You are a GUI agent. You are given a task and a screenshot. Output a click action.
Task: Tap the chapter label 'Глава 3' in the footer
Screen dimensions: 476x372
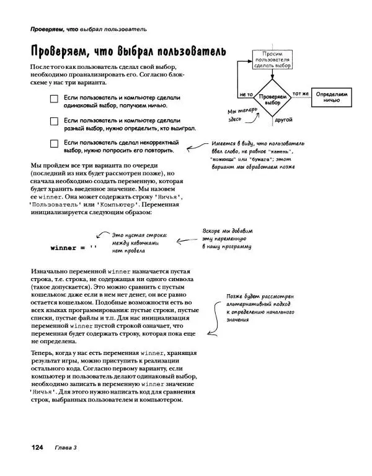[x=64, y=447]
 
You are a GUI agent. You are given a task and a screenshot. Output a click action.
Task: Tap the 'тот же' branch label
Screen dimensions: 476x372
[x=301, y=94]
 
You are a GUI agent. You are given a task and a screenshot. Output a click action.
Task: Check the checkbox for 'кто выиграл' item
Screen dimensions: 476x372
[x=54, y=122]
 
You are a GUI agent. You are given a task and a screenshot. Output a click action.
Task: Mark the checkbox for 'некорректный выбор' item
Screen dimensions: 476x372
[x=54, y=144]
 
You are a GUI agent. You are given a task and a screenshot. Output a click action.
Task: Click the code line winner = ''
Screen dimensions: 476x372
[x=74, y=248]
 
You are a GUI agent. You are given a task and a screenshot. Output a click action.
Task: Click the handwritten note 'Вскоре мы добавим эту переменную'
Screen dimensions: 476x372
[x=227, y=239]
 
